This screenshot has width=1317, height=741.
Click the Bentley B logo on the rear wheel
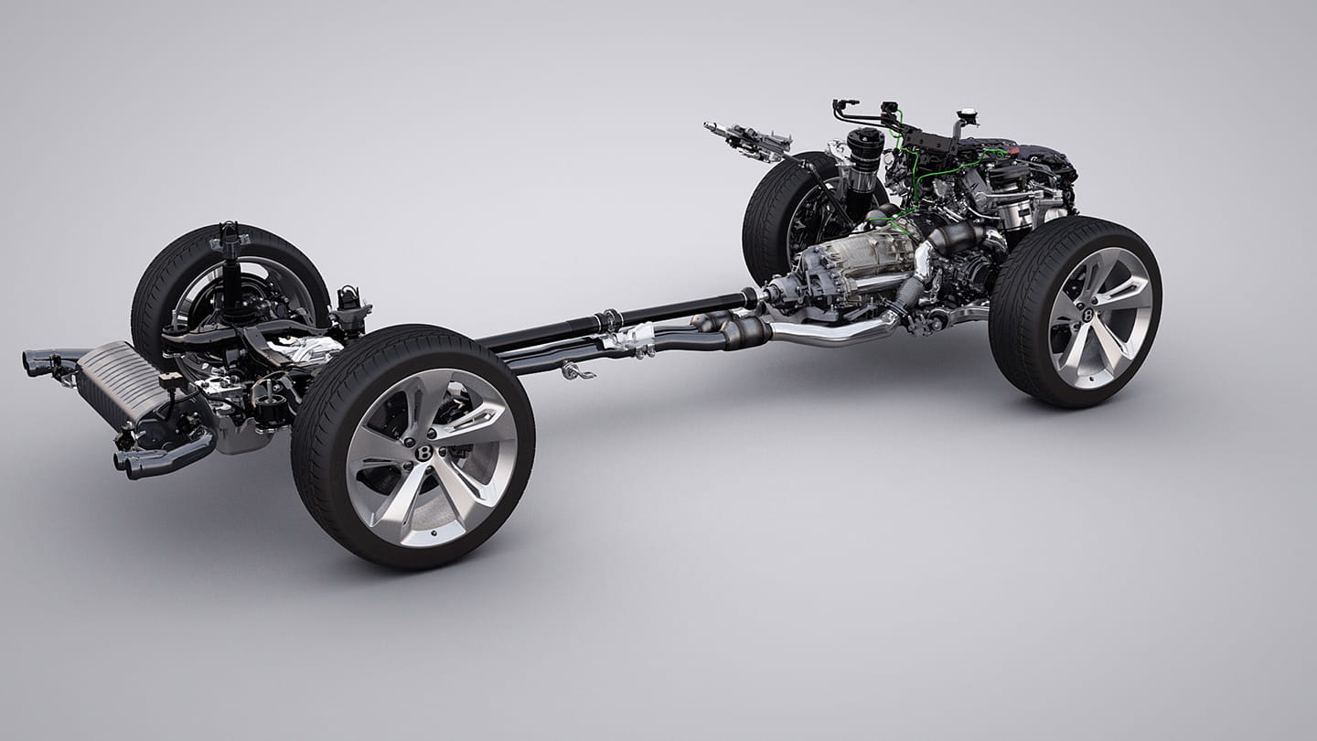[424, 452]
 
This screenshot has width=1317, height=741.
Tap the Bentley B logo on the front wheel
[1089, 315]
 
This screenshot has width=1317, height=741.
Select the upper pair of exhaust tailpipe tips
[40, 362]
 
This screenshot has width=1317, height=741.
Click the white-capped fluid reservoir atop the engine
[965, 119]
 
